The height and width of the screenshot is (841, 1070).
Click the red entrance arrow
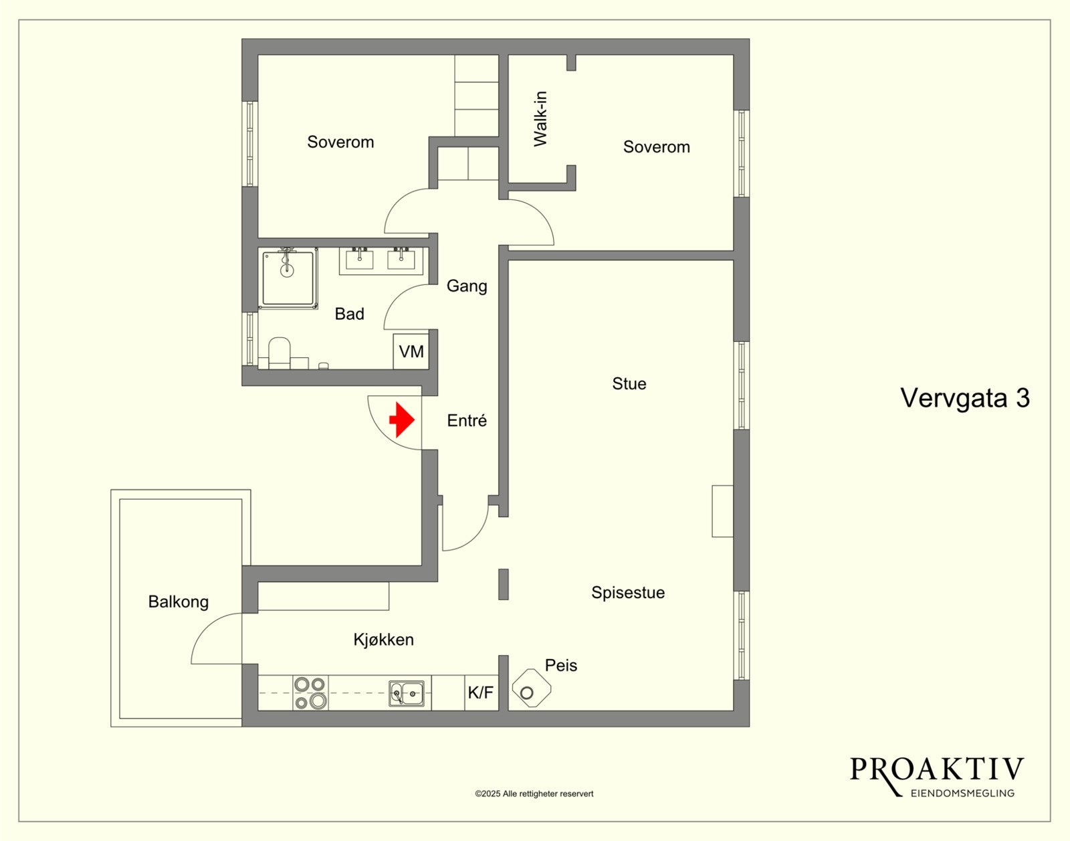(402, 419)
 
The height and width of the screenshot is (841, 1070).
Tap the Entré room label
(467, 420)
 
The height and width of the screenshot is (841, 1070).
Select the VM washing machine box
(411, 351)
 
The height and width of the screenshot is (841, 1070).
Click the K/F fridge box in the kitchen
(481, 692)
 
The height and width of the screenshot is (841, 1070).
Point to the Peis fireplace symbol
(531, 688)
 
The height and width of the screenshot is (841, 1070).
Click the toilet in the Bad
(279, 353)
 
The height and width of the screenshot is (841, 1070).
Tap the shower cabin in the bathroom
(288, 278)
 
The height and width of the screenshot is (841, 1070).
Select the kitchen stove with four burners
(311, 692)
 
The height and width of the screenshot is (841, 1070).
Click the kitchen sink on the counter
(407, 694)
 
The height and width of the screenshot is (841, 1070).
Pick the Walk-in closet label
(540, 118)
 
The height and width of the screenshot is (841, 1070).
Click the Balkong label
(179, 601)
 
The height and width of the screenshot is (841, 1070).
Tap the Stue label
(629, 383)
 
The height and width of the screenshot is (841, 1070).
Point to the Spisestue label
(628, 592)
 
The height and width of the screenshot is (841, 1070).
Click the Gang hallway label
(467, 286)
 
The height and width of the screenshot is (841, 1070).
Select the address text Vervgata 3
(965, 397)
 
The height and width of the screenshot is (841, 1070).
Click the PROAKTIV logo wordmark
(936, 769)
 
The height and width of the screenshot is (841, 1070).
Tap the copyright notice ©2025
(534, 793)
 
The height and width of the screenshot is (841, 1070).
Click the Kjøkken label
(384, 640)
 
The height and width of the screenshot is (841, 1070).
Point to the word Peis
(561, 665)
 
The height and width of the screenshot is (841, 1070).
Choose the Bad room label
(349, 314)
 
